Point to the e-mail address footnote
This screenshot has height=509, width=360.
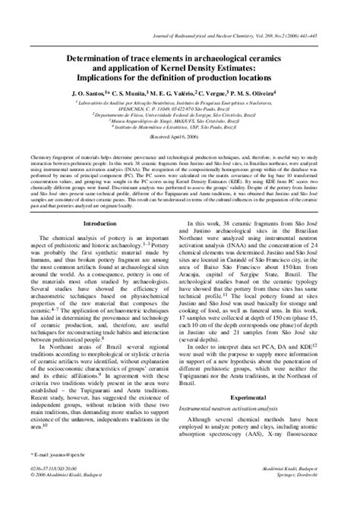click(57, 476)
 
